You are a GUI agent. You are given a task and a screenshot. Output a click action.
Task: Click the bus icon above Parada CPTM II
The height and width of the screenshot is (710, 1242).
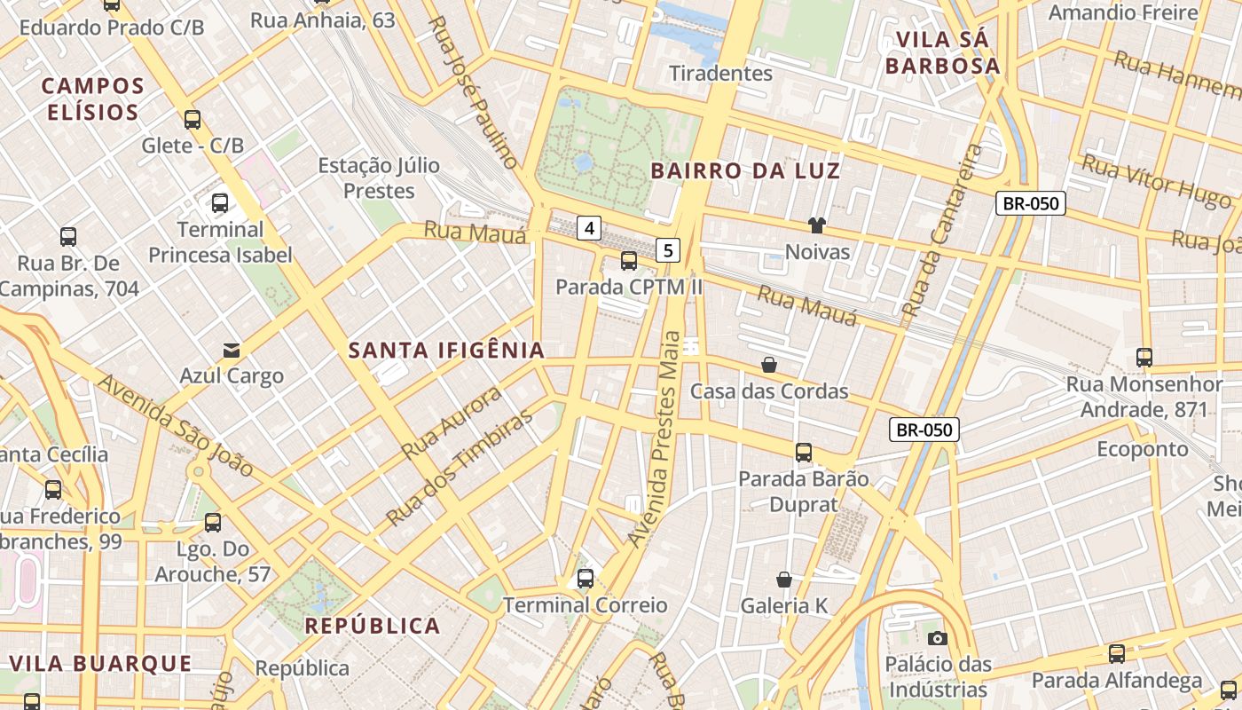(628, 260)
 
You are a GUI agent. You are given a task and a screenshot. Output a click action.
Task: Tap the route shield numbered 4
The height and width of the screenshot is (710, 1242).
(588, 228)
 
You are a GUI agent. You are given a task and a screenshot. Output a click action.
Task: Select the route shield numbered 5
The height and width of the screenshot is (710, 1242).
(668, 250)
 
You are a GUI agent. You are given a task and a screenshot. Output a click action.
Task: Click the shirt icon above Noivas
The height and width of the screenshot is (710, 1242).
(816, 225)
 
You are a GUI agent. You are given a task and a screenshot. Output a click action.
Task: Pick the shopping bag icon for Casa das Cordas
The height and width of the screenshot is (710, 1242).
(769, 365)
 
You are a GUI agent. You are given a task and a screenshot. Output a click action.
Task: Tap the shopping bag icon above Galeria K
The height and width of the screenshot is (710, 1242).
(784, 580)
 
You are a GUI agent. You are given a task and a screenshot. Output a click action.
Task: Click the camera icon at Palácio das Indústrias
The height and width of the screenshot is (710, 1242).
(937, 638)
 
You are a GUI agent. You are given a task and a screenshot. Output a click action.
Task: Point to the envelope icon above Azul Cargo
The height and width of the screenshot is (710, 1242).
(232, 350)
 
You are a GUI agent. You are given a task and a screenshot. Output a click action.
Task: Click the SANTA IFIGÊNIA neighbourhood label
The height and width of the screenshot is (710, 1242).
(446, 351)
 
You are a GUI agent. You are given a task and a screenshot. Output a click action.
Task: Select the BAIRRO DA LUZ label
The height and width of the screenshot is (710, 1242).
(745, 171)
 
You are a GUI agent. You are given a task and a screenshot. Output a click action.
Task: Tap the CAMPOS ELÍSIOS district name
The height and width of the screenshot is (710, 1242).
(93, 99)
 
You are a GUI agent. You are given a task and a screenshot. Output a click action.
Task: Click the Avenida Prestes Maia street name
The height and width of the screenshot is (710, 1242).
(653, 438)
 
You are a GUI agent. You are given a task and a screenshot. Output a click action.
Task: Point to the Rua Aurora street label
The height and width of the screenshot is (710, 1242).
(452, 422)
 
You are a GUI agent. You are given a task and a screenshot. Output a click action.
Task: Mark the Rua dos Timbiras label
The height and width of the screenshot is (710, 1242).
(461, 467)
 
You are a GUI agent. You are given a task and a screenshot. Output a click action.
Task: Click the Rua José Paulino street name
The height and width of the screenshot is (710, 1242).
(473, 91)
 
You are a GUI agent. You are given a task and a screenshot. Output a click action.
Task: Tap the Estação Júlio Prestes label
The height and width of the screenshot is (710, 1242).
(379, 177)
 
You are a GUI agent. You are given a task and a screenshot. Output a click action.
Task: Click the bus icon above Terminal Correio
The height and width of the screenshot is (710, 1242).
(585, 579)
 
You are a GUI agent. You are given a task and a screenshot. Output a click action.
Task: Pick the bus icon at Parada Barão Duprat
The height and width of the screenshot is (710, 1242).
(804, 452)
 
